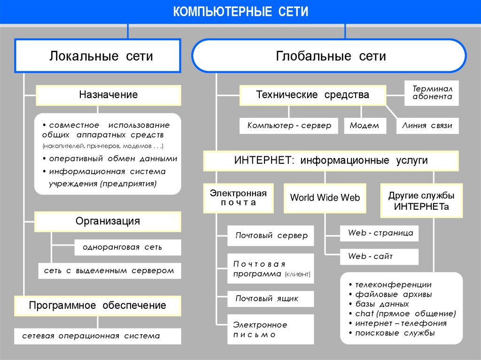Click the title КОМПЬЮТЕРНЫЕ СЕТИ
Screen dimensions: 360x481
coord(240,12)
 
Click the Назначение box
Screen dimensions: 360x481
coord(108,95)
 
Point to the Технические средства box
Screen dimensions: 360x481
coord(312,95)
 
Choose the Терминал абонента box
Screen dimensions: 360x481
coord(432,92)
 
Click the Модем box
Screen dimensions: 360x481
coord(365,126)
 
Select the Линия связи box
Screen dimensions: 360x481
coord(427,126)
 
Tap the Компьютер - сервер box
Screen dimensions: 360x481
coord(289,126)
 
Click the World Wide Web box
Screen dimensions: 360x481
coord(325,198)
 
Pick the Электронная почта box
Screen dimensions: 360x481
coord(238,198)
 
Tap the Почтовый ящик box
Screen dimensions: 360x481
coord(267,299)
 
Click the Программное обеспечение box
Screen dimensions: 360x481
coord(97,306)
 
